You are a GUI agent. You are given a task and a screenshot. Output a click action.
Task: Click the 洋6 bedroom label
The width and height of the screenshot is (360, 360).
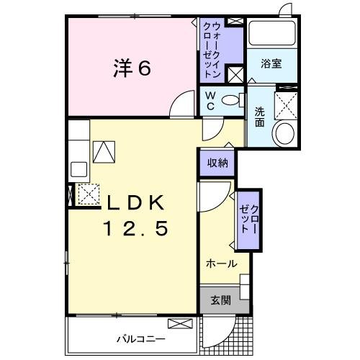tap(132, 68)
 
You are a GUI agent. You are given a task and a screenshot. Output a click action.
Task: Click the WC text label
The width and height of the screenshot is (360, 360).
tap(210, 100)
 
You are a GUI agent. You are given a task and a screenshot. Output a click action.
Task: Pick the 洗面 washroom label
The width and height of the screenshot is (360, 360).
tap(259, 116)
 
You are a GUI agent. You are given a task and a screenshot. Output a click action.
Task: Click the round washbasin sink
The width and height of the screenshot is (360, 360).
tap(284, 134)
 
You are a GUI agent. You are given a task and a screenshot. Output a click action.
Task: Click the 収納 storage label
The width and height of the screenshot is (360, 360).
tap(217, 163)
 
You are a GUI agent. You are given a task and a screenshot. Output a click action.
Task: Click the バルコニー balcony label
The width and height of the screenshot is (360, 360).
tap(142, 338)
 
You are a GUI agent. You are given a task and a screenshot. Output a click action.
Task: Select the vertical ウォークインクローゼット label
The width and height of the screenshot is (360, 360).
tap(212, 48)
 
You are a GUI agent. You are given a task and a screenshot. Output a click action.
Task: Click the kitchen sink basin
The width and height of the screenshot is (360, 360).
tap(78, 171)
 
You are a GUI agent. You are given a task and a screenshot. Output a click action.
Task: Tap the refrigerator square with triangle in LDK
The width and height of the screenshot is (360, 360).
tap(104, 151)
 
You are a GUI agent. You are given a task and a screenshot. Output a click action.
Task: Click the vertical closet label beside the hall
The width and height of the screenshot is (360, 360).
tap(249, 220)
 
